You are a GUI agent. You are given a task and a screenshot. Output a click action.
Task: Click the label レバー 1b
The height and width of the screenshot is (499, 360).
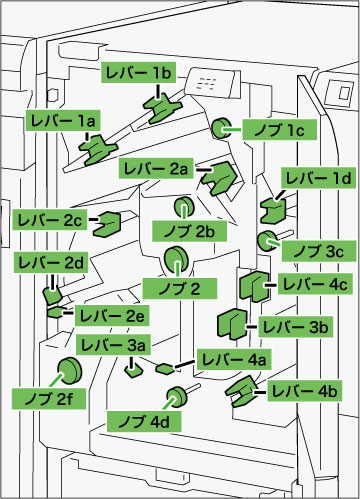pyautogui.click(x=138, y=72)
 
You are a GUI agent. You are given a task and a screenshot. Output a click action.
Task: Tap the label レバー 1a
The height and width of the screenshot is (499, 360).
pyautogui.click(x=63, y=120)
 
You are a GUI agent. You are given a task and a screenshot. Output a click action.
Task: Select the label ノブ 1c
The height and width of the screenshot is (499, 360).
pyautogui.click(x=279, y=129)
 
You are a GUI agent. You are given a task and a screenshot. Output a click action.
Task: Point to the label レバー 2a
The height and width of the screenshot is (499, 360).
pyautogui.click(x=156, y=168)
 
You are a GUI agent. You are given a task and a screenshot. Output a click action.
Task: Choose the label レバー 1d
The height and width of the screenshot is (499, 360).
pyautogui.click(x=319, y=178)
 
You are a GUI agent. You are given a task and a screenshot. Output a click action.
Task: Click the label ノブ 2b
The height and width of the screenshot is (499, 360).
pyautogui.click(x=189, y=231)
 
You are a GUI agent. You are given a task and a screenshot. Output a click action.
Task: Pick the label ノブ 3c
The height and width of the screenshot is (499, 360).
pyautogui.click(x=319, y=251)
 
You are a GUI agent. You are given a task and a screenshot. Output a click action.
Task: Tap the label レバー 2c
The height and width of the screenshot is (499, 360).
pyautogui.click(x=50, y=219)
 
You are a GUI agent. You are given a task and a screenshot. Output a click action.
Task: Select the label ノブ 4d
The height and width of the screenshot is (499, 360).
pyautogui.click(x=144, y=421)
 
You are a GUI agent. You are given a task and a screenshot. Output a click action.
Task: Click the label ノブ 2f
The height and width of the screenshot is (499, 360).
pyautogui.click(x=49, y=399)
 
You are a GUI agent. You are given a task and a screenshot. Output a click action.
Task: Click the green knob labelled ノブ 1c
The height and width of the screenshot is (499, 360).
pyautogui.click(x=221, y=128)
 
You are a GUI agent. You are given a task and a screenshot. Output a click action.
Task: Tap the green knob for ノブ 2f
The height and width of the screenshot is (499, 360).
pyautogui.click(x=69, y=370)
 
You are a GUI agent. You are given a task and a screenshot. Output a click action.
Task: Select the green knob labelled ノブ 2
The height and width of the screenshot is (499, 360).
pyautogui.click(x=176, y=260)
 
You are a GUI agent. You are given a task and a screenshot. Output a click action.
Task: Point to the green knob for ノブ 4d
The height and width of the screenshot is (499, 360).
pyautogui.click(x=177, y=397)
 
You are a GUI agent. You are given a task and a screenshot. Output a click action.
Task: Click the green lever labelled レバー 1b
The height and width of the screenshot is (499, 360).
pyautogui.click(x=162, y=108)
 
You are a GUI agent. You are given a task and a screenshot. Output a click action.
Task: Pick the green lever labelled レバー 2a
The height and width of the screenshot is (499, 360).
pyautogui.click(x=219, y=177)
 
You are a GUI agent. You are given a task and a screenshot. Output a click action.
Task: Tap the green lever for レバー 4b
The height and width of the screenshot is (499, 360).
pyautogui.click(x=242, y=391)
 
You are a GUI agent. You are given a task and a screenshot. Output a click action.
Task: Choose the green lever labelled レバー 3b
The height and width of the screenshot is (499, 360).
pyautogui.click(x=232, y=324)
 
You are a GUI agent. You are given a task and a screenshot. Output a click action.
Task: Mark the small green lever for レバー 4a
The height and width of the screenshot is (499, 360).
pyautogui.click(x=165, y=368)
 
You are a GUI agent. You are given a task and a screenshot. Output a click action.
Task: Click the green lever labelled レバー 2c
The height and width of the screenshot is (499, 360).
pyautogui.click(x=107, y=224)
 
